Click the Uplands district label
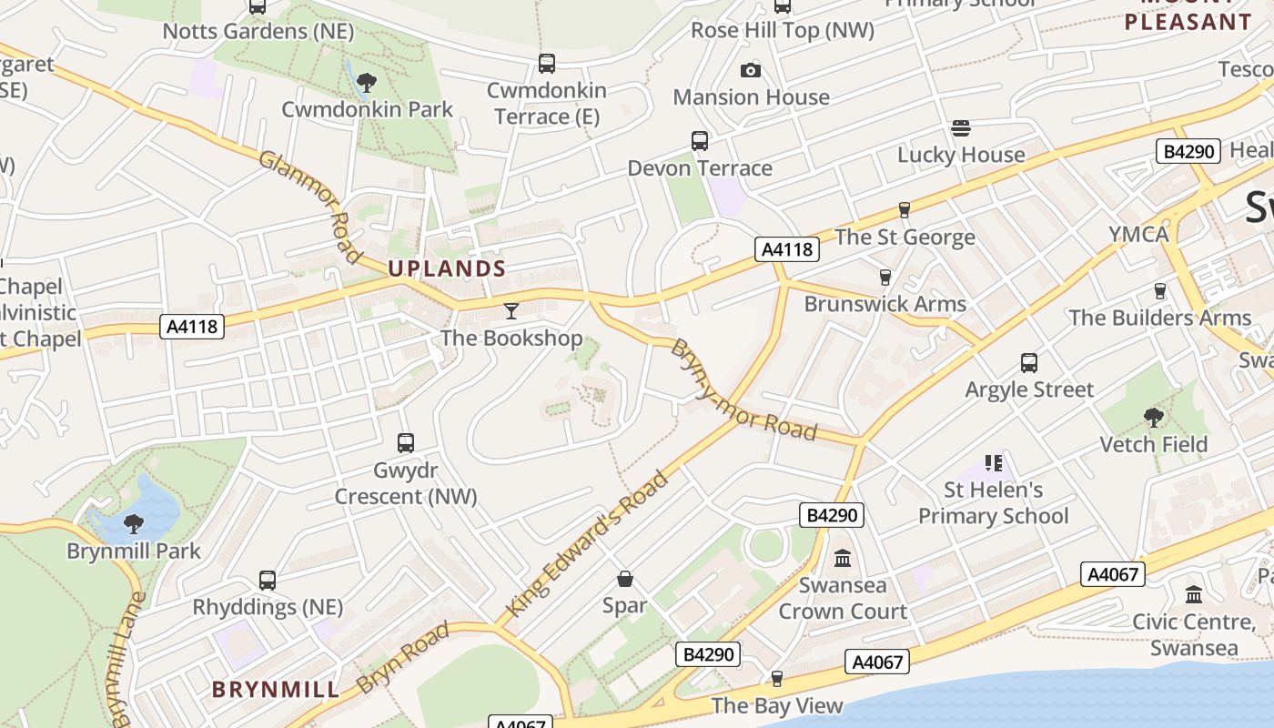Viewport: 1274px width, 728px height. click(446, 268)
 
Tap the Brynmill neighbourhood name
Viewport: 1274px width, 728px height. click(276, 689)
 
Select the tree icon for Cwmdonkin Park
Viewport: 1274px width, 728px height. click(367, 83)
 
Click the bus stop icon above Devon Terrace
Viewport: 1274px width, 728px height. click(699, 141)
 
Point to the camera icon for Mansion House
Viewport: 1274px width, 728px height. click(751, 70)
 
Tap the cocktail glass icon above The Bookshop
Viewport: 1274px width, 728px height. click(511, 311)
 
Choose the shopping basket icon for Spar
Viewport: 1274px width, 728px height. click(625, 579)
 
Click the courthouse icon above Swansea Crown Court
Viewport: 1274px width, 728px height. click(843, 558)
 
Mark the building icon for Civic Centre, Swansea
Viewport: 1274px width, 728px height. click(1194, 595)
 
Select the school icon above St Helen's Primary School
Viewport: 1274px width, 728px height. click(993, 463)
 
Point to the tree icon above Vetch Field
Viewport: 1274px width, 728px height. click(1153, 418)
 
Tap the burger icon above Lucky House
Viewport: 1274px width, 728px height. click(961, 128)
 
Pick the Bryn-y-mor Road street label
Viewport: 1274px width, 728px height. click(743, 390)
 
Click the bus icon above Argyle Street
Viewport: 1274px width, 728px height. click(1029, 363)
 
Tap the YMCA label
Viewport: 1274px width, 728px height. click(1138, 234)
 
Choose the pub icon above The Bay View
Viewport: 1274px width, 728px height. click(776, 679)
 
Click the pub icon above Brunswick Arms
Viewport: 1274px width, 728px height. click(885, 278)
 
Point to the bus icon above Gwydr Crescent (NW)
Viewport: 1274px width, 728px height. click(406, 443)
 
